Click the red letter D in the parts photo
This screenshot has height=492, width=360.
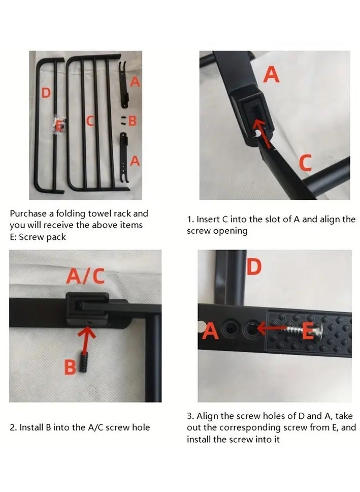pyautogui.click(x=46, y=93)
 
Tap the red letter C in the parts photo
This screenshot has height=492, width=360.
pyautogui.click(x=90, y=121)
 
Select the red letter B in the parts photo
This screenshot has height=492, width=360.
pyautogui.click(x=133, y=120)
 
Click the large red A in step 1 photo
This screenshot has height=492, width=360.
pyautogui.click(x=271, y=75)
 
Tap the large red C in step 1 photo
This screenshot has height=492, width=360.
pyautogui.click(x=305, y=163)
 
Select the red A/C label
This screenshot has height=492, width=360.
pyautogui.click(x=85, y=276)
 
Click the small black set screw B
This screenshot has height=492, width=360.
pyautogui.click(x=84, y=362)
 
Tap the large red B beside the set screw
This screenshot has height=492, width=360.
pyautogui.click(x=70, y=367)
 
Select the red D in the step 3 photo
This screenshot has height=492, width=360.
pyautogui.click(x=254, y=267)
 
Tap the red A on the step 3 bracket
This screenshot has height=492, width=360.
pyautogui.click(x=210, y=331)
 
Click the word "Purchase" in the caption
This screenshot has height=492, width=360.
pyautogui.click(x=28, y=213)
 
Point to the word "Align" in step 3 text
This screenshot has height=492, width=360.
pyautogui.click(x=207, y=416)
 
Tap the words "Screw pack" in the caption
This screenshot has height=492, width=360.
pyautogui.click(x=42, y=237)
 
